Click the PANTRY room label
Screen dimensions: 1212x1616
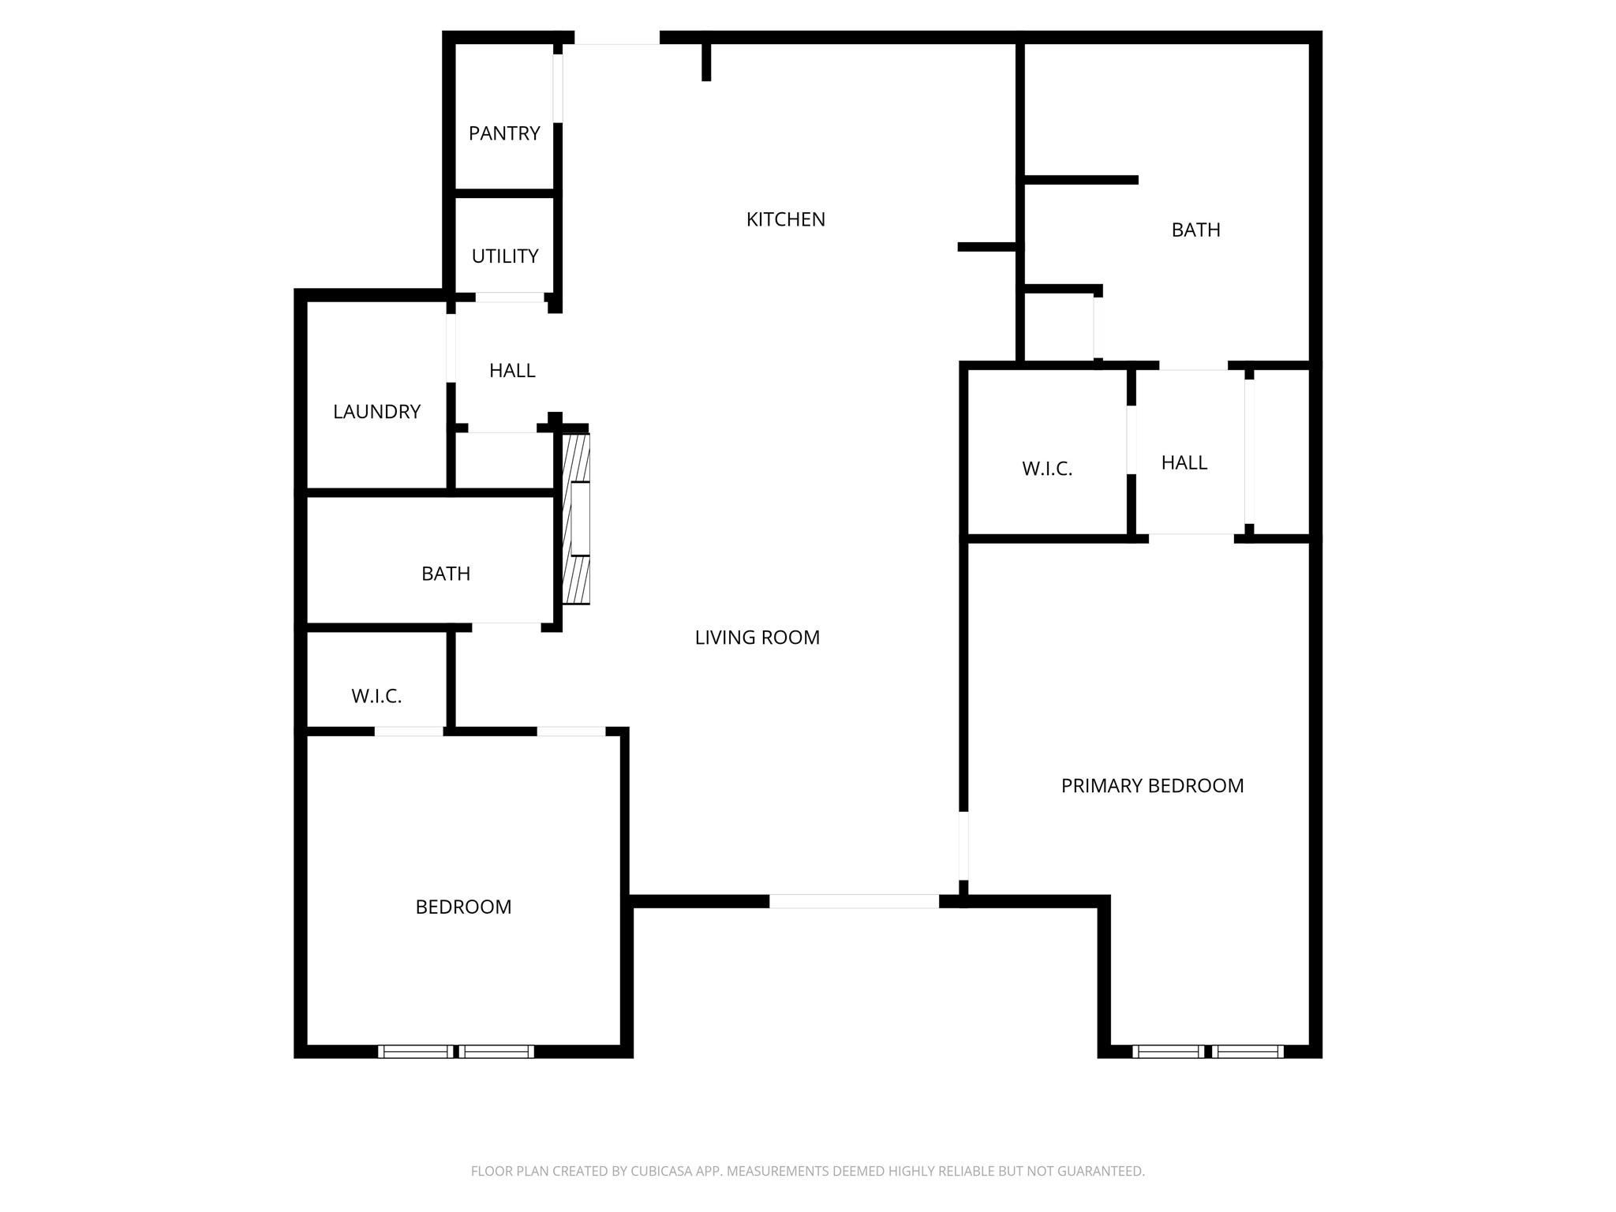(504, 133)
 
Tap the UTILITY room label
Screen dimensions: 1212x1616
(505, 256)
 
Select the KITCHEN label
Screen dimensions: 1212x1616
(786, 219)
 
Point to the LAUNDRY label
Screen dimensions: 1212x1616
(376, 412)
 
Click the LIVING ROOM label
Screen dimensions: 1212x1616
(757, 638)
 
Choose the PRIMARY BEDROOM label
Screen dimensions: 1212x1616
(1152, 786)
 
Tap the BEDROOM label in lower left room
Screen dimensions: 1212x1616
(463, 907)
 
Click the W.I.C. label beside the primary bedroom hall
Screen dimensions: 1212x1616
(1047, 469)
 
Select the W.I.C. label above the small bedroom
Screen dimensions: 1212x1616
(376, 696)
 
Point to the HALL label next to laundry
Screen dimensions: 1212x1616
(512, 371)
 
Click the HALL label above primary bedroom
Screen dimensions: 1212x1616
(1184, 463)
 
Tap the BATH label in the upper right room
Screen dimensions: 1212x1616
(1195, 230)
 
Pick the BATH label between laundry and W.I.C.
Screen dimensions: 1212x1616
(446, 574)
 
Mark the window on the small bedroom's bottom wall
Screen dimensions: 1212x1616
(456, 1051)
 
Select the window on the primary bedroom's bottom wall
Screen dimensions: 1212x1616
(1208, 1051)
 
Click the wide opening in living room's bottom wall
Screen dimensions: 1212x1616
(854, 901)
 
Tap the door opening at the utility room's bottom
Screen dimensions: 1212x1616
(509, 297)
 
